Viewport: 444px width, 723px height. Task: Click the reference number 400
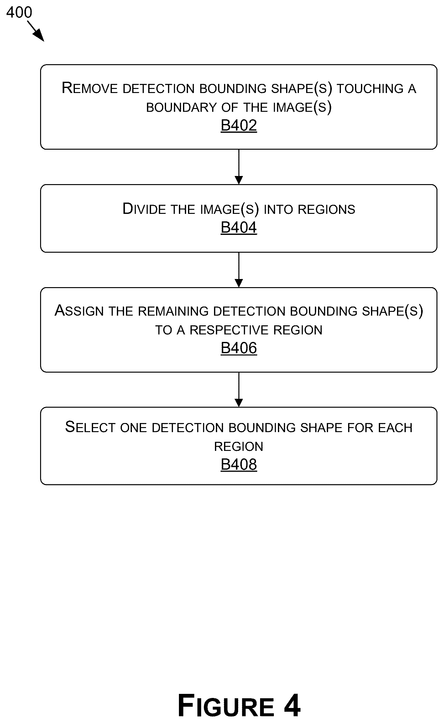[x=19, y=13]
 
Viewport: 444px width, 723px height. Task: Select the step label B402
[x=239, y=126]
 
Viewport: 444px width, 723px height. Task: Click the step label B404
[x=239, y=227]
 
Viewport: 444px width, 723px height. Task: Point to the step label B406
[x=239, y=348]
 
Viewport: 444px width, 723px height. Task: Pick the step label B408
[x=239, y=464]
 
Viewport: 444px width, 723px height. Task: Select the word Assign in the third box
[x=79, y=311]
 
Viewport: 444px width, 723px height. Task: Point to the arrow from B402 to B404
[x=239, y=167]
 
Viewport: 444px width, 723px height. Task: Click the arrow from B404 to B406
[x=239, y=270]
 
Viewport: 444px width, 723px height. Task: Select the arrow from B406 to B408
[x=239, y=390]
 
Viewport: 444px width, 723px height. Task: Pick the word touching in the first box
[x=370, y=89]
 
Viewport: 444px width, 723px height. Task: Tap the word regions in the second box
[x=326, y=209]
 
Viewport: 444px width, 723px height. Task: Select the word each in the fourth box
[x=395, y=428]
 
